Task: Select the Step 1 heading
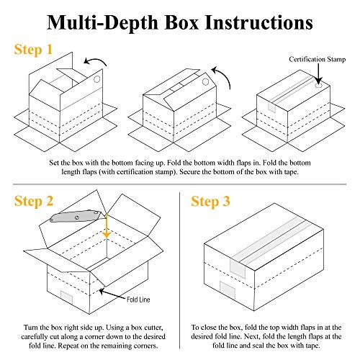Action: pos(33,50)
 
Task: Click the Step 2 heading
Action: pos(34,201)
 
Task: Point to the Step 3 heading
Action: pos(210,201)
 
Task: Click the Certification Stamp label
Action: pos(317,59)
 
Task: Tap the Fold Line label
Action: pos(138,300)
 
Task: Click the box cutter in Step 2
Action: pos(77,216)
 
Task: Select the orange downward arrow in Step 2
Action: pos(107,226)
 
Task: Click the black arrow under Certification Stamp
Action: pos(318,73)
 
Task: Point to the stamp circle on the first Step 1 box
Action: pos(96,79)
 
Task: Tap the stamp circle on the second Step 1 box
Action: pos(205,82)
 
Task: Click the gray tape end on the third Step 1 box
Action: pos(271,107)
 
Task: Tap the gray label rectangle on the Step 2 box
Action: pos(66,297)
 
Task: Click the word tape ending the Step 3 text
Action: pos(311,346)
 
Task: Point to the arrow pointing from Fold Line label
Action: pos(112,294)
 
